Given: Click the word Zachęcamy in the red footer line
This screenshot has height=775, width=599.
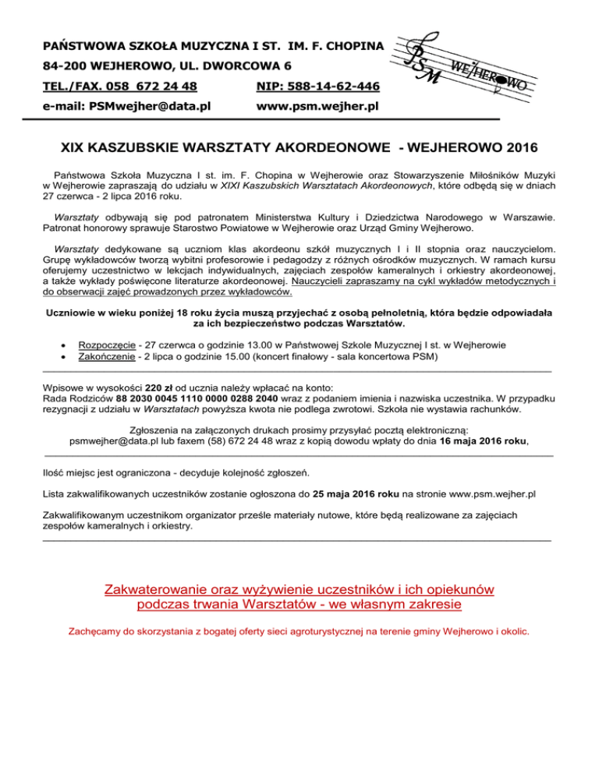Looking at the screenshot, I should coord(96,632).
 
